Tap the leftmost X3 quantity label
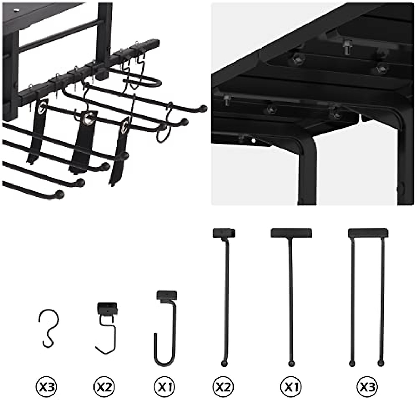(x=47, y=386)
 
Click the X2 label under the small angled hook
(x=105, y=386)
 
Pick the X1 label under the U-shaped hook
(x=164, y=386)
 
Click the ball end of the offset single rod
(x=223, y=363)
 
